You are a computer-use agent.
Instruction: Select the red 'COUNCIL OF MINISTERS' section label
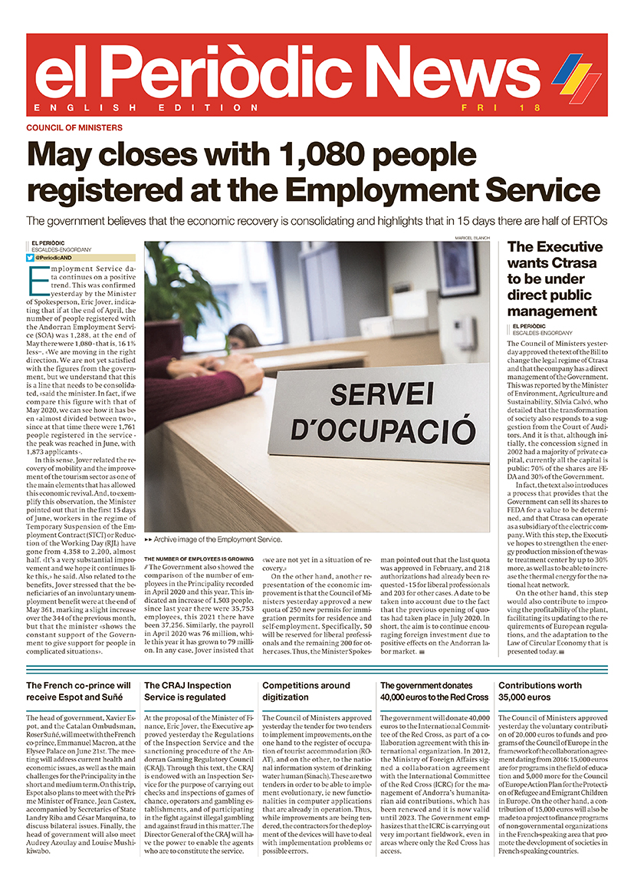pos(74,127)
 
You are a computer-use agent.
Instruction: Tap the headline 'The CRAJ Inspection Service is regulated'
pos(187,691)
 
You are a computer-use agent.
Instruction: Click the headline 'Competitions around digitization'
pos(306,691)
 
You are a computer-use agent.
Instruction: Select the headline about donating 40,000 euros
pos(434,691)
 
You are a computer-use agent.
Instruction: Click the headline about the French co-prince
pos(78,691)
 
